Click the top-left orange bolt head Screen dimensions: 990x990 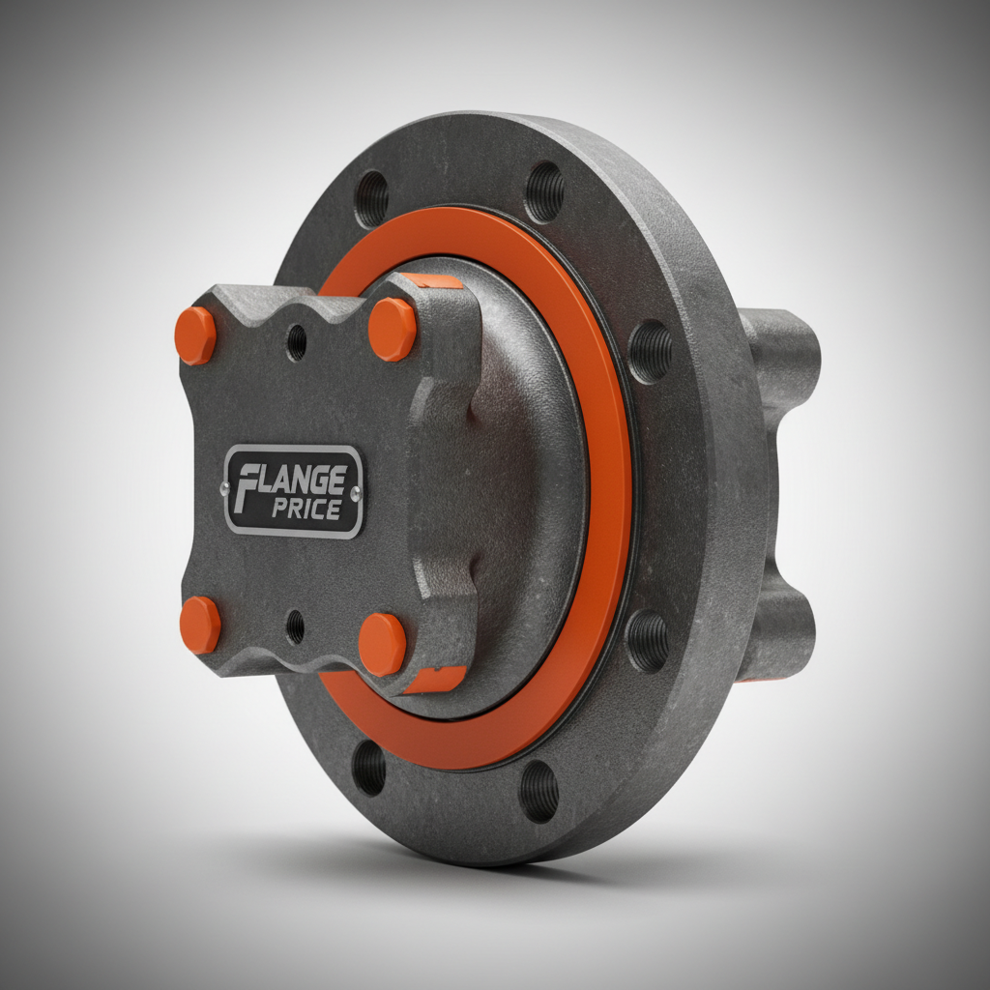click(195, 335)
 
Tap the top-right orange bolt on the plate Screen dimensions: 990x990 click(393, 329)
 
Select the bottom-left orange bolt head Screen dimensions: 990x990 click(200, 625)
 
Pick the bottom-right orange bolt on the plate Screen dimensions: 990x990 click(383, 644)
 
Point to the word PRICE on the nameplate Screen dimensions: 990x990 click(306, 509)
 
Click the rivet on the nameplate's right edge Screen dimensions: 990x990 click(357, 494)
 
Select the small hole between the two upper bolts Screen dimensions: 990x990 click(297, 342)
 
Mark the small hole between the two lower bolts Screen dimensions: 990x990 click(295, 626)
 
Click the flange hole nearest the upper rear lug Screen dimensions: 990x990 click(651, 350)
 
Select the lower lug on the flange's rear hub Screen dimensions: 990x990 click(778, 628)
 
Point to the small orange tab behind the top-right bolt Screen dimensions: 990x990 click(431, 281)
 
